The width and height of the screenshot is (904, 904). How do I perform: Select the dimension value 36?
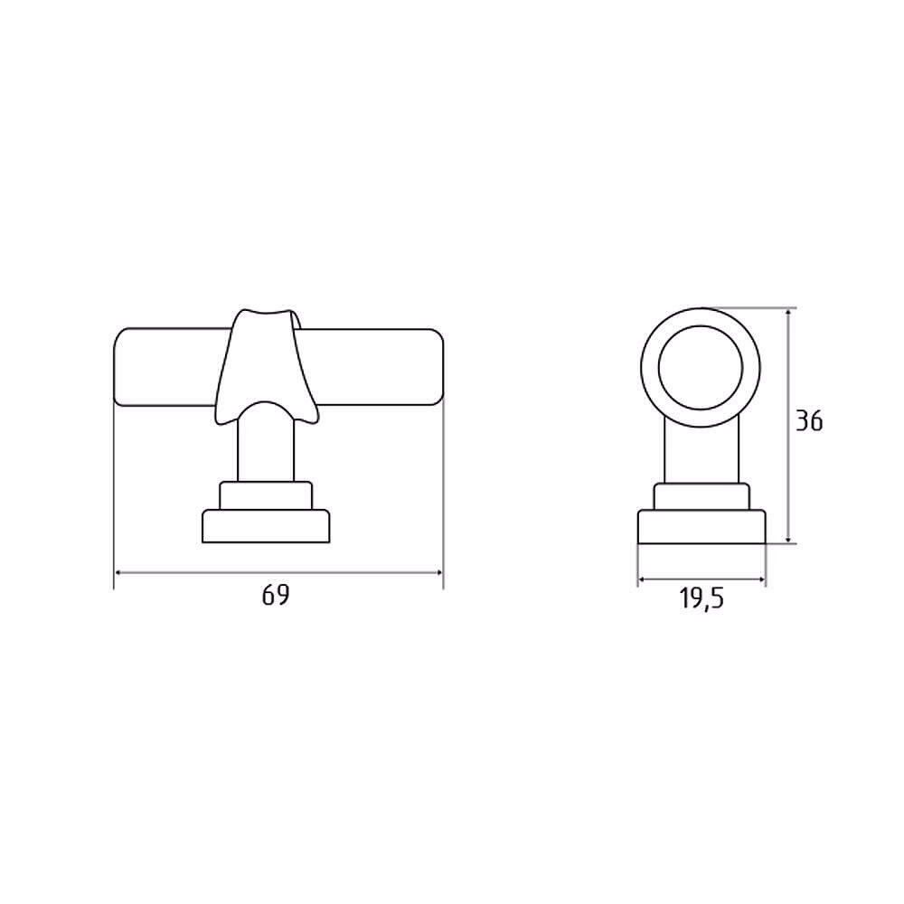pyautogui.click(x=810, y=421)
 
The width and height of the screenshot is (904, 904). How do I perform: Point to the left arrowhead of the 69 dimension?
pyautogui.click(x=118, y=572)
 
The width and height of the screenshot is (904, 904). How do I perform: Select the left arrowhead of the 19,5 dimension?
pyautogui.click(x=642, y=579)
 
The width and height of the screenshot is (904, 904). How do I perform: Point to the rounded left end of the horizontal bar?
pyautogui.click(x=122, y=368)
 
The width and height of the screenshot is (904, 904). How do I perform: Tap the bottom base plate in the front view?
pyautogui.click(x=266, y=527)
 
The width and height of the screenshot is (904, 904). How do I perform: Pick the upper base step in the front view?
pyautogui.click(x=266, y=497)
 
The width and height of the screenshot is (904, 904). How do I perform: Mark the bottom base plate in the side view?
pyautogui.click(x=702, y=527)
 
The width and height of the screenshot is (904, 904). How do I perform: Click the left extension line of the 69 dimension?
pyautogui.click(x=114, y=488)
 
